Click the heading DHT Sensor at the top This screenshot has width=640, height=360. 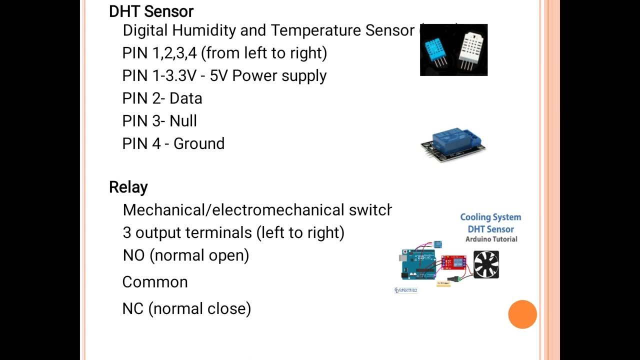151,11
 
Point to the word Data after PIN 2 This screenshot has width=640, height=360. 185,98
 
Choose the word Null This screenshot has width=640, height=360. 183,121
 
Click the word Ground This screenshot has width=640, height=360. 198,143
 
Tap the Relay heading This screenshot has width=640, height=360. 128,187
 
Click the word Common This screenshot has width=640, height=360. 155,282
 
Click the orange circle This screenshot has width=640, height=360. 522,314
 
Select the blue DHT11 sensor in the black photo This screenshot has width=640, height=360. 436,50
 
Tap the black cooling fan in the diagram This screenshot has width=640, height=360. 486,264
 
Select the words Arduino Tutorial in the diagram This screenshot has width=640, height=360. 491,239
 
